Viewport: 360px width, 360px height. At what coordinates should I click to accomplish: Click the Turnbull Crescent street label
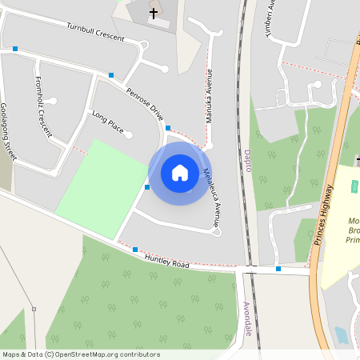[x=97, y=31]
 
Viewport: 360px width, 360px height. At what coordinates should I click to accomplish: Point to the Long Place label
[x=108, y=122]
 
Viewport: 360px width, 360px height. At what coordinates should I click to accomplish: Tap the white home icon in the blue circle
[x=179, y=173]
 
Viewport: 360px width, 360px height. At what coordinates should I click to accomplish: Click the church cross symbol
[x=153, y=14]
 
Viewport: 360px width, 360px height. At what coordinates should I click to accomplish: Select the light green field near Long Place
[x=95, y=188]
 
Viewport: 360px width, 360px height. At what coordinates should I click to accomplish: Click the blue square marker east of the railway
[x=278, y=269]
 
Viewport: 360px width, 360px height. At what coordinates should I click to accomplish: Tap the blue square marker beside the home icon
[x=147, y=187]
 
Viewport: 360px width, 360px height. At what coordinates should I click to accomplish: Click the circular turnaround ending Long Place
[x=129, y=135]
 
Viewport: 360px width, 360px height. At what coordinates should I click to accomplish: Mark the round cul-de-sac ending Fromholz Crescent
[x=53, y=102]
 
